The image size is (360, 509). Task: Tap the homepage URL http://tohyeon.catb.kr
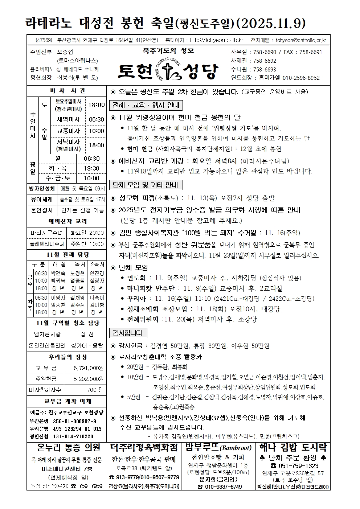pyautogui.click(x=216, y=40)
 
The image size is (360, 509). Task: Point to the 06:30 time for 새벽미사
pyautogui.click(x=96, y=119)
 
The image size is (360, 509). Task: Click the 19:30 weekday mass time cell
pyautogui.click(x=91, y=168)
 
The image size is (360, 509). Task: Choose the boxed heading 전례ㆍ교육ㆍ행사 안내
pyautogui.click(x=146, y=106)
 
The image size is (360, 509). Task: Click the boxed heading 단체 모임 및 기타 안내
pyautogui.click(x=146, y=185)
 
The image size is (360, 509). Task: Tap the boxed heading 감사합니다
pyautogui.click(x=128, y=333)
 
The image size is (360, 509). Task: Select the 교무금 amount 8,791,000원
pyautogui.click(x=88, y=368)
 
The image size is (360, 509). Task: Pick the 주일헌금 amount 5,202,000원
pyautogui.click(x=88, y=379)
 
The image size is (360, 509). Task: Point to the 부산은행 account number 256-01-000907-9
pyautogui.click(x=74, y=421)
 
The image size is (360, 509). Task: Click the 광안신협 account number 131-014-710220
pyautogui.click(x=73, y=436)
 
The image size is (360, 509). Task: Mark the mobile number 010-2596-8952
pyautogui.click(x=301, y=78)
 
